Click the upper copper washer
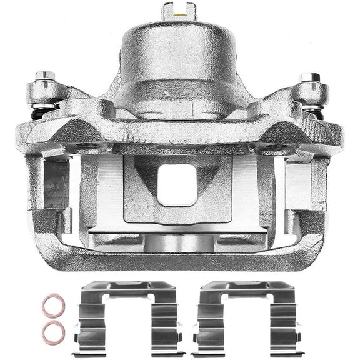(54, 306)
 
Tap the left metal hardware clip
(129, 319)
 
